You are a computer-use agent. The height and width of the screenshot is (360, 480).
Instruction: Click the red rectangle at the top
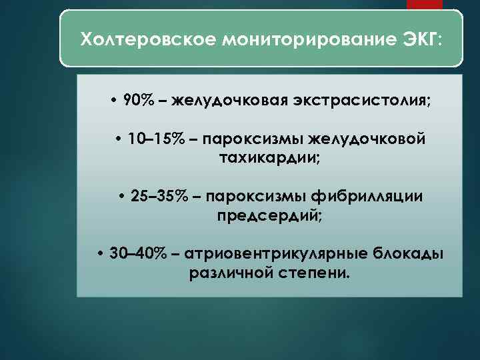425,5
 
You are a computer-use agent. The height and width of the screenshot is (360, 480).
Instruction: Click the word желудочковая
227,101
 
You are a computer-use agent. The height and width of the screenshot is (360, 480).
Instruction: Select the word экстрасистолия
360,101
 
